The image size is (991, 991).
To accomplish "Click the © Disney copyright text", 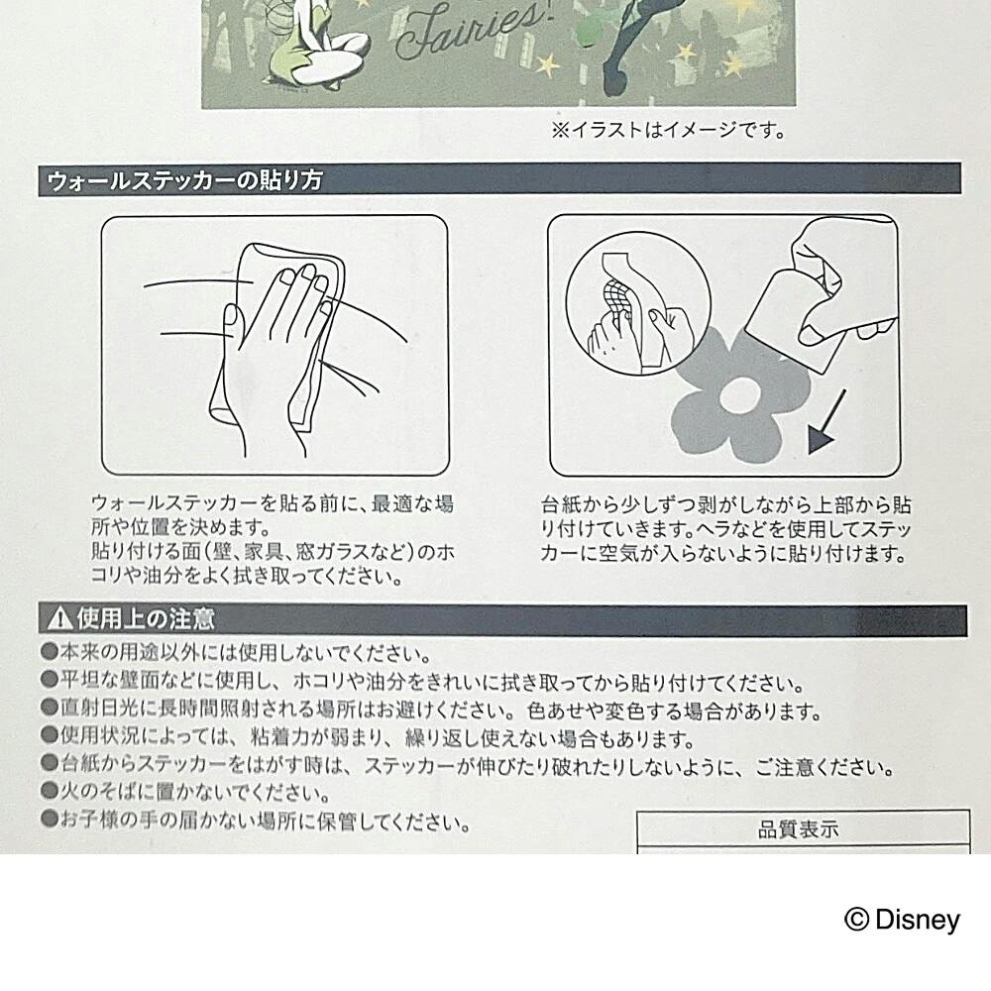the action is click(x=902, y=920).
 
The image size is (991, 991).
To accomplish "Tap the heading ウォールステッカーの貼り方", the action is click(x=184, y=180).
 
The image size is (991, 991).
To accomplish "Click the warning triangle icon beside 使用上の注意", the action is click(x=60, y=617).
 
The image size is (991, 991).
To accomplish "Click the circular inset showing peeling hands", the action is click(x=637, y=303).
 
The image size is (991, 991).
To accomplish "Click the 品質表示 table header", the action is click(x=798, y=829).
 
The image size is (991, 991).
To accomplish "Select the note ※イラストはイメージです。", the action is click(x=669, y=130).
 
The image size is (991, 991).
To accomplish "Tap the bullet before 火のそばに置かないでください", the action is click(x=50, y=790).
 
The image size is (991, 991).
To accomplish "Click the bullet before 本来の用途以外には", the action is click(x=50, y=651).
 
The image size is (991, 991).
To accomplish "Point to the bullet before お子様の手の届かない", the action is click(x=50, y=820).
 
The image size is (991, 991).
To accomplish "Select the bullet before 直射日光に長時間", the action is click(x=50, y=707).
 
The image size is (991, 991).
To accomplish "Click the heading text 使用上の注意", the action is click(x=146, y=618).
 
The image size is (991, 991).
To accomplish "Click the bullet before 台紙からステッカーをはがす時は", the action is click(x=50, y=762).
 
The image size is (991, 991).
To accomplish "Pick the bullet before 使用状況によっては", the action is click(x=50, y=734).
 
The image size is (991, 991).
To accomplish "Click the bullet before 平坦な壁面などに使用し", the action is click(x=50, y=680).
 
